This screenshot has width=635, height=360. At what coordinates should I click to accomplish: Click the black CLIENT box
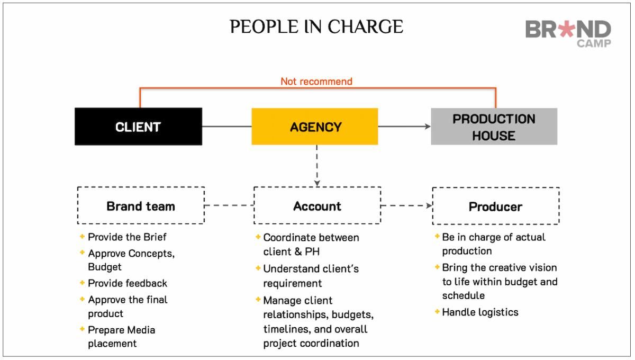click(138, 127)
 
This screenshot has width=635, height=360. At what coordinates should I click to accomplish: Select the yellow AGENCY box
click(315, 127)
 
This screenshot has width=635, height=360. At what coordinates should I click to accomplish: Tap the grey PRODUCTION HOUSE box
click(494, 127)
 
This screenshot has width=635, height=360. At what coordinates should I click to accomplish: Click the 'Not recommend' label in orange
click(316, 82)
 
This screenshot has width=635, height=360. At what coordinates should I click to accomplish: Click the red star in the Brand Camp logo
click(567, 29)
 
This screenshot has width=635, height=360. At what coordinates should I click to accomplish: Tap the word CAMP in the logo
click(594, 43)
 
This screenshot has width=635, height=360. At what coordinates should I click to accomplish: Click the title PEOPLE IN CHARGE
click(316, 27)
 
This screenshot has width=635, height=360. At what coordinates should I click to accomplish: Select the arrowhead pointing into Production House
click(428, 127)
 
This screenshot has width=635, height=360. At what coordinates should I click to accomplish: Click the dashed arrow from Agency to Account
click(317, 166)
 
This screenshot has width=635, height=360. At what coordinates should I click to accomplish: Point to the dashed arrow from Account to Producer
click(406, 205)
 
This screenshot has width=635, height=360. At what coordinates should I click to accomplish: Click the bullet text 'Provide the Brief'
click(127, 237)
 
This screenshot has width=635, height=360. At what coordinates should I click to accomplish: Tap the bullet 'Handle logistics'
click(480, 312)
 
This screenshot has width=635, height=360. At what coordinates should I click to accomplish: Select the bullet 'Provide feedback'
click(128, 283)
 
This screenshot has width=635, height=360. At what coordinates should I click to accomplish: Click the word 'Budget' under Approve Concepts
click(105, 267)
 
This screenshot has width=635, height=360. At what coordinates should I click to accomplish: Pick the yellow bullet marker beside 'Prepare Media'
click(82, 329)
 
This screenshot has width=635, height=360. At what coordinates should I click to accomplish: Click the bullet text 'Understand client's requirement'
click(311, 276)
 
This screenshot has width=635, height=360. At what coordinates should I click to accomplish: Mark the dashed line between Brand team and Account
click(229, 205)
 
